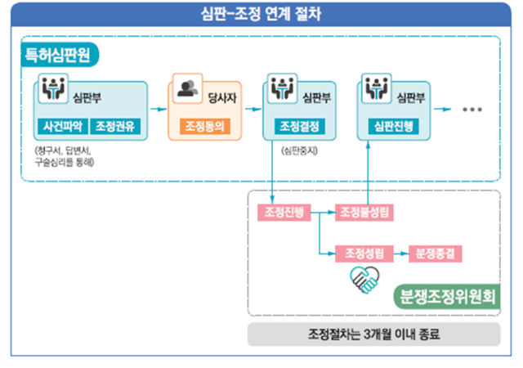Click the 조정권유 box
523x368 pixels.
[116, 127]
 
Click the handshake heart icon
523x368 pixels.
[364, 280]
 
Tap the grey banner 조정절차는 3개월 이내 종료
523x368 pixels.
[373, 334]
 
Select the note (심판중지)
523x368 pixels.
[297, 150]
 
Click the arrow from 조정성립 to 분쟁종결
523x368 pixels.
[402, 253]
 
